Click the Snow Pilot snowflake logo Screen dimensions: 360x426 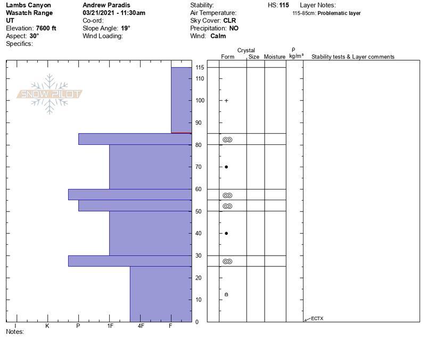coord(50,94)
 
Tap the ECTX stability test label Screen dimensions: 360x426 coord(317,319)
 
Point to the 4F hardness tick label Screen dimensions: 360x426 coord(141,325)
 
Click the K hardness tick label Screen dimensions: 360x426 coord(47,325)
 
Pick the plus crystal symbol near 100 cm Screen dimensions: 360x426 coord(226,101)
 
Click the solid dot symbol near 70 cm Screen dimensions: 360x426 coord(226,167)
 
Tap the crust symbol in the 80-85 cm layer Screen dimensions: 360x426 coord(227,140)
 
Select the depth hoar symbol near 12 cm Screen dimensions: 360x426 coord(226,294)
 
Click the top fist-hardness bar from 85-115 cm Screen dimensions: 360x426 coord(181,100)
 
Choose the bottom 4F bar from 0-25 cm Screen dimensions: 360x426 coord(160,294)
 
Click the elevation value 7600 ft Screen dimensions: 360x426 coord(46,28)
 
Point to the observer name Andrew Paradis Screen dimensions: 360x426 coord(106,5)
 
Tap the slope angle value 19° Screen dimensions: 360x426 coord(125,28)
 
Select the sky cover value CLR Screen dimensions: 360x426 coord(230,21)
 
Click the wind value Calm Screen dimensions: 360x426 coord(218,36)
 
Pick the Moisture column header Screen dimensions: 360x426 coord(275,56)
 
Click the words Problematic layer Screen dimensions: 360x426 coord(339,13)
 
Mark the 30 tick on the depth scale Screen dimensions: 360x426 coord(198,256)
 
